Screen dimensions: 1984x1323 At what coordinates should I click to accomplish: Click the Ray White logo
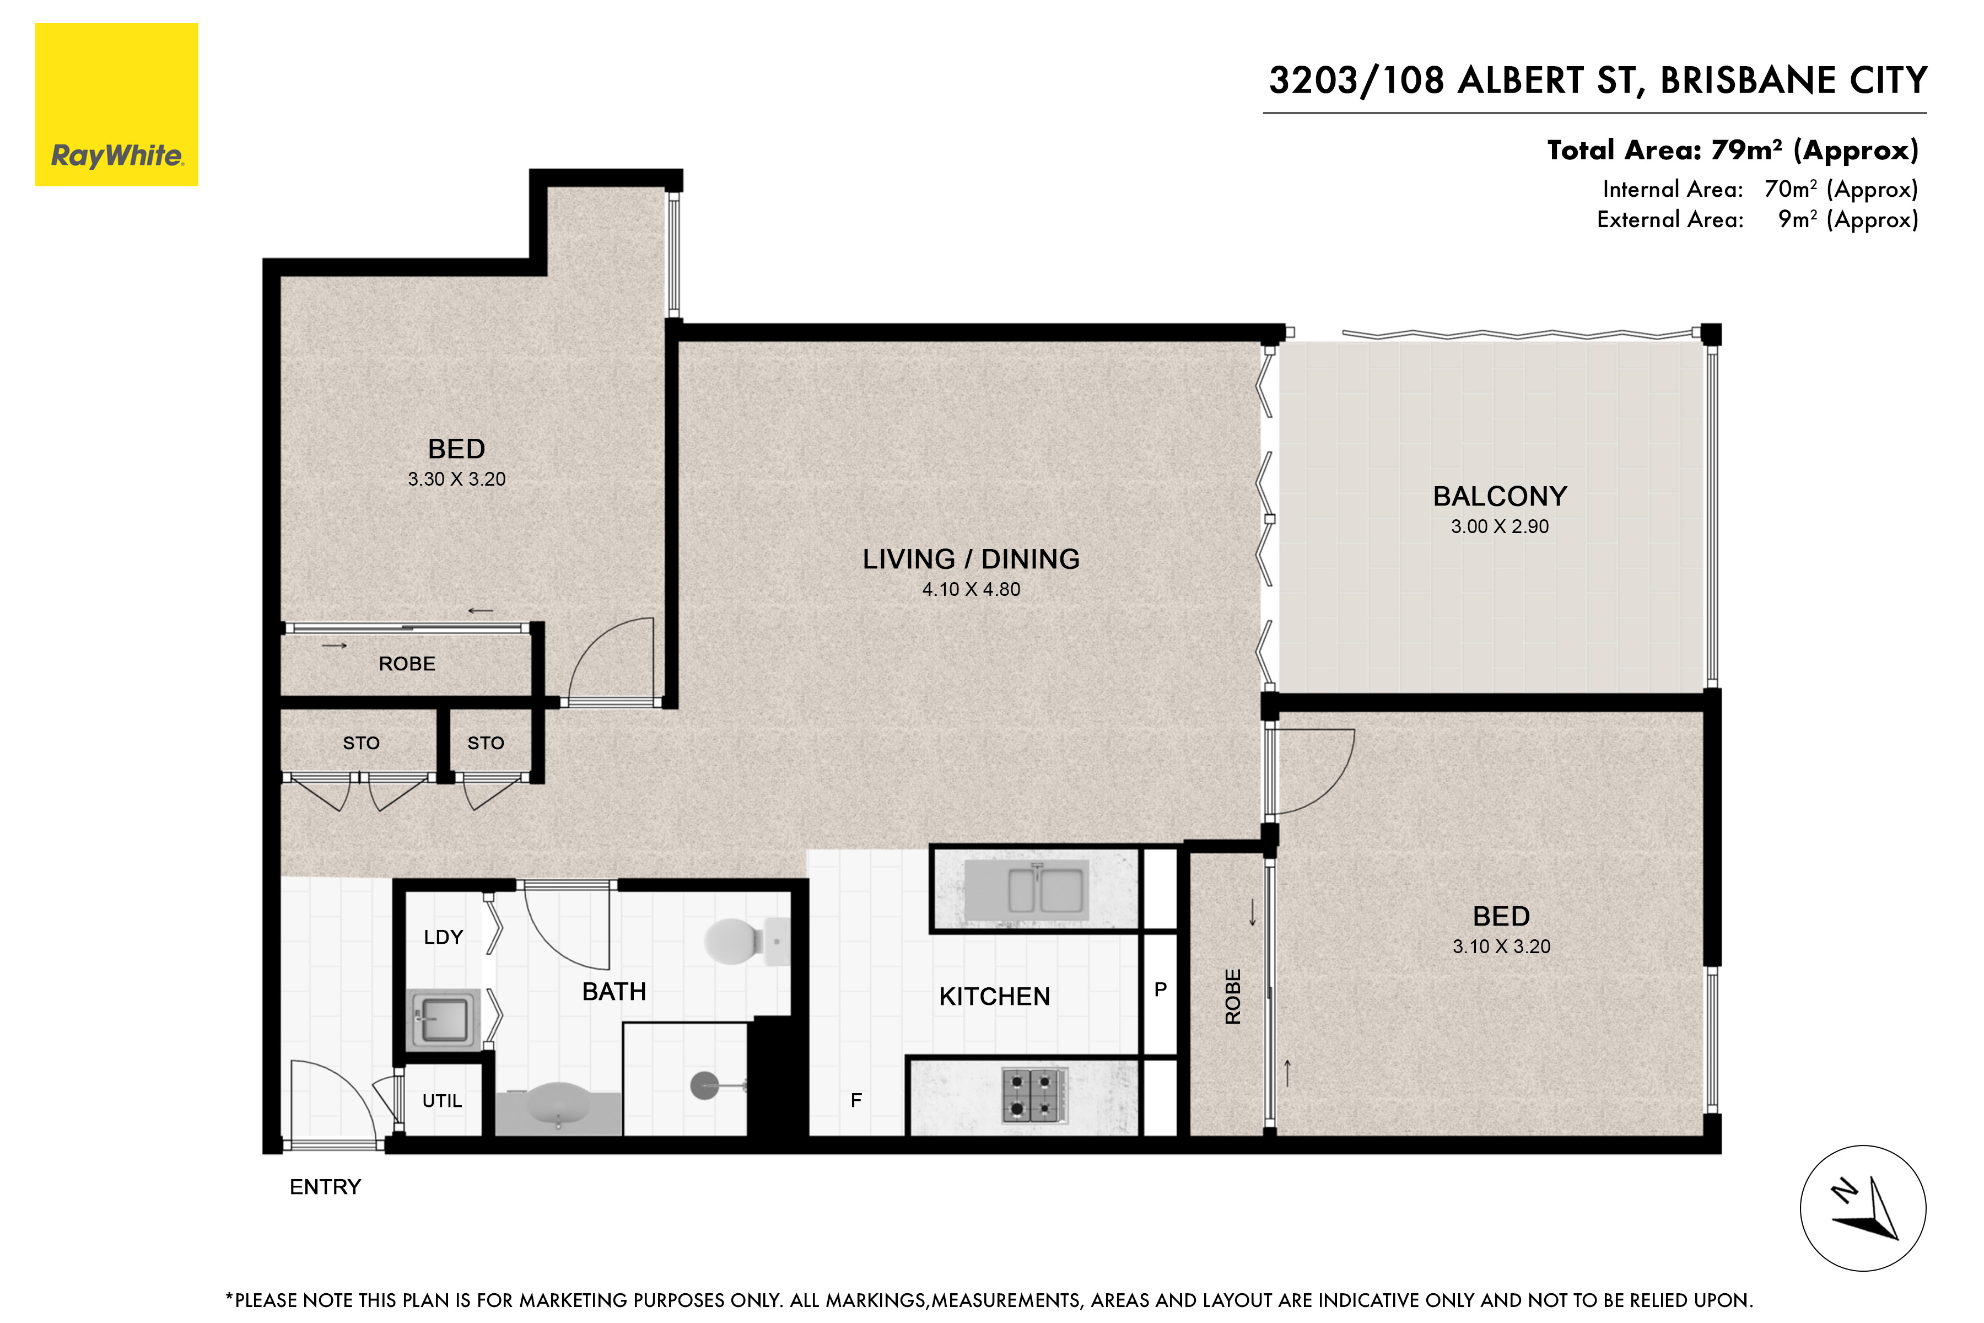[x=116, y=105]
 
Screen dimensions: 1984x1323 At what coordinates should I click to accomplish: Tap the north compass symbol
[x=1863, y=1208]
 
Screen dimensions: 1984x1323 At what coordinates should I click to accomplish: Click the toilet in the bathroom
[x=747, y=941]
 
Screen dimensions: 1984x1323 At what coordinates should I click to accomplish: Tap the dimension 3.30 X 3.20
[x=456, y=479]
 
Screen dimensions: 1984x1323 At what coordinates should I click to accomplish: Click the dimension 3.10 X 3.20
[x=1501, y=946]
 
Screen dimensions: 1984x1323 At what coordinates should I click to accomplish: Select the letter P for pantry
[x=1161, y=989]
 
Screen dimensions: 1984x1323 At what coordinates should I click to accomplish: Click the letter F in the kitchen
[x=856, y=1100]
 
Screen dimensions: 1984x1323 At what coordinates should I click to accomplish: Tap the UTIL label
[x=442, y=1101]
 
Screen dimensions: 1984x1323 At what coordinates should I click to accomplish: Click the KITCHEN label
[x=995, y=997]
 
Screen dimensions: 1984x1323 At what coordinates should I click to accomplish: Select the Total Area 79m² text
[x=1733, y=150]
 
